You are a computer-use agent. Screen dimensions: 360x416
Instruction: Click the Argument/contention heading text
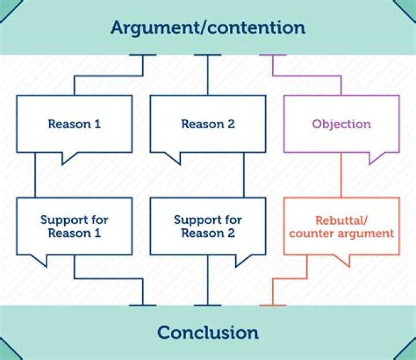207,27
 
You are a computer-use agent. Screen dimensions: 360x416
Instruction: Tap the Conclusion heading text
207,333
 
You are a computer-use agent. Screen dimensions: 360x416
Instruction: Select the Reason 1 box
74,124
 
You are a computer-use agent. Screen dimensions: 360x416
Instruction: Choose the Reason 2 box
207,124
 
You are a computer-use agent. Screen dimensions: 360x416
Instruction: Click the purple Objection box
341,124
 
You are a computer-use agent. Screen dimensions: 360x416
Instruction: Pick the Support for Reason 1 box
74,226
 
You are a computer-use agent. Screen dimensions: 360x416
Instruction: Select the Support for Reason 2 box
207,226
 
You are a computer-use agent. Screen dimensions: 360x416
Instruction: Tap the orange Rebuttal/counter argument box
341,226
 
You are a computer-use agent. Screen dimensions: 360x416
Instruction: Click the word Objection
341,124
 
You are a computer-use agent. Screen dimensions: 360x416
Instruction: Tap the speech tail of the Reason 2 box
172,158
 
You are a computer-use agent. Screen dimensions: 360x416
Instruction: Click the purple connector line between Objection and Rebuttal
341,175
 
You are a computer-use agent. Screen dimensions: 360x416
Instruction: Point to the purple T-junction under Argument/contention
273,56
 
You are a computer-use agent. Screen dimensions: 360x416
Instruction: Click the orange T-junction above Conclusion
273,305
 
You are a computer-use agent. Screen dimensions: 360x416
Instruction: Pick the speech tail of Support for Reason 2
242,260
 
